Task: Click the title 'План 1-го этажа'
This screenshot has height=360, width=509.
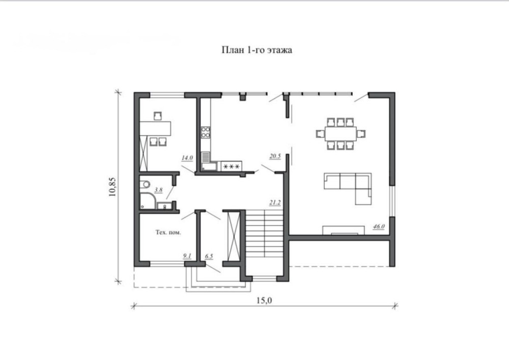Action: click(257, 50)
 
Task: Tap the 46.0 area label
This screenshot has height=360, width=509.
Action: click(379, 226)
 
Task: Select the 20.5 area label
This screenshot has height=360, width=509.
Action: click(275, 156)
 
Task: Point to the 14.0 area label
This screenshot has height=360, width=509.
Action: click(187, 158)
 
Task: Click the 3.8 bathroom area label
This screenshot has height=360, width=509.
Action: click(158, 190)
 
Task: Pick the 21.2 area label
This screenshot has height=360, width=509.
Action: click(275, 203)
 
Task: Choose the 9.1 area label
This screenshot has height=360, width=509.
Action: click(187, 256)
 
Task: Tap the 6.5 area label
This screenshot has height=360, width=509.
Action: click(209, 257)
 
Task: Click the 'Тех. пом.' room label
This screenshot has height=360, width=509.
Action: click(168, 232)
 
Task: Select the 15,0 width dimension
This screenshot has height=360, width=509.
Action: click(264, 300)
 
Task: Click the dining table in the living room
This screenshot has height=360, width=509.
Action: click(341, 133)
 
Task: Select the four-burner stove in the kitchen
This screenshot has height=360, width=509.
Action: click(206, 132)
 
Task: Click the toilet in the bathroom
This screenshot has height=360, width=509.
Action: click(145, 184)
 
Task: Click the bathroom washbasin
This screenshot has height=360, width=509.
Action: click(164, 206)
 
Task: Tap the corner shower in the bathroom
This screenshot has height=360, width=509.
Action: click(148, 201)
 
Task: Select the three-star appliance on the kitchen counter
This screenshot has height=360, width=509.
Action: click(232, 167)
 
